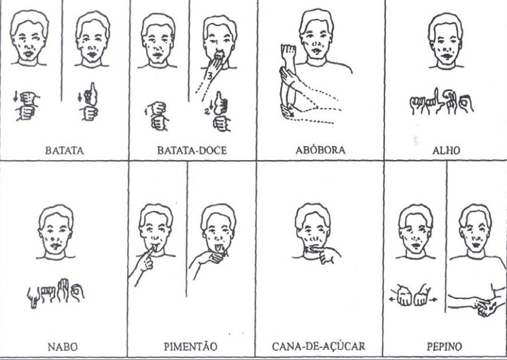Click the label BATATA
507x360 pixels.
(x=64, y=151)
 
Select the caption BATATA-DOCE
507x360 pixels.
(x=192, y=151)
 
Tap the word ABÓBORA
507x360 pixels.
(x=320, y=150)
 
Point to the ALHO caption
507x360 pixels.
(x=446, y=151)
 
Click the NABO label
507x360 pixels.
(x=63, y=347)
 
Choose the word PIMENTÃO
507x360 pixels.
(x=191, y=346)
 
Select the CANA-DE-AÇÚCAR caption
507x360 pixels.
(x=319, y=346)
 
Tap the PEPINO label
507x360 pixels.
(x=444, y=347)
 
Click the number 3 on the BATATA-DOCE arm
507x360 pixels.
(x=209, y=76)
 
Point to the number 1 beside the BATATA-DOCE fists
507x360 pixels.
(x=146, y=112)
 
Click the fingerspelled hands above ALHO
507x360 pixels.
(x=442, y=101)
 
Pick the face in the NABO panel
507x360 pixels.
(x=56, y=230)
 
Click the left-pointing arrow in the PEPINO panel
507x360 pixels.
(x=393, y=300)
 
